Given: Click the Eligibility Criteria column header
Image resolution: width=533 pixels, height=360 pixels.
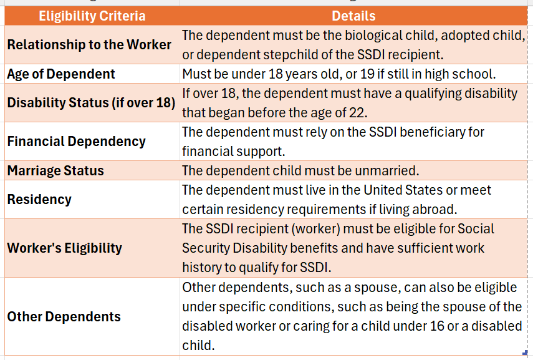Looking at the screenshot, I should point(92,16).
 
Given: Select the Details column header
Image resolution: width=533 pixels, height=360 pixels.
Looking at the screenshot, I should point(353,16).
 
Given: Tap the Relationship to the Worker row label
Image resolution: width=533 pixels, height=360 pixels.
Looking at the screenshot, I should point(89,45).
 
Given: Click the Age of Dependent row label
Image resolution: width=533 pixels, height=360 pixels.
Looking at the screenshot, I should point(61,74).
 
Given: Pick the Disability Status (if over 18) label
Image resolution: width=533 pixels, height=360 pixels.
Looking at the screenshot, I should point(91,102).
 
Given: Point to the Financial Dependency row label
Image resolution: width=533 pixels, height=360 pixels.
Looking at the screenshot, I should point(76,141).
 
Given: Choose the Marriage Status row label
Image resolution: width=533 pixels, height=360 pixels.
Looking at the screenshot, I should point(55,170).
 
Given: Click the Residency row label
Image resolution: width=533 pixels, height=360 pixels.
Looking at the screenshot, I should point(39,200).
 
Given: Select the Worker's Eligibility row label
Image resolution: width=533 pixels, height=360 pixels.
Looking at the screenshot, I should point(64,248).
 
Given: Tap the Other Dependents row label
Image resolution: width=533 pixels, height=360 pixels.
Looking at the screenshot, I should point(64,316).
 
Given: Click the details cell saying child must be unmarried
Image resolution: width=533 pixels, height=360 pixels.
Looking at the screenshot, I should point(300,170).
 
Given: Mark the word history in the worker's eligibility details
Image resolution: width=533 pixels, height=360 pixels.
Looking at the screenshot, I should point(204,267).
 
